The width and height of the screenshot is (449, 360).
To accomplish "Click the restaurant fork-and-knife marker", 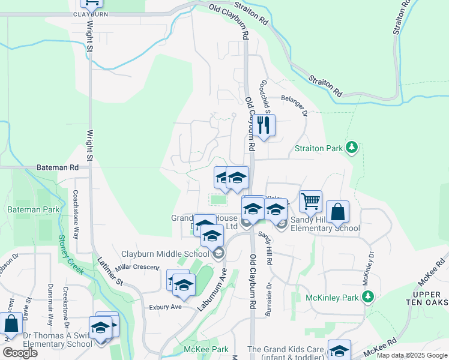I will pos(262,126).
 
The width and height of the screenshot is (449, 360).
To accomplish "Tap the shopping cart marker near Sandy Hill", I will pos(310,202).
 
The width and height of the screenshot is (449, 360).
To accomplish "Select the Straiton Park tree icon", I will pos(352,148).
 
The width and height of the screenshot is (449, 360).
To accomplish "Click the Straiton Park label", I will pos(318,148).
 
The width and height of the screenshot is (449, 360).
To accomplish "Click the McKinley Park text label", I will pos(332,298).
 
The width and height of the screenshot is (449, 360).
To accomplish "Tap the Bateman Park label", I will pos(33,209).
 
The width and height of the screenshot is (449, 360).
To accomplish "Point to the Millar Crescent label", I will pos(140,268).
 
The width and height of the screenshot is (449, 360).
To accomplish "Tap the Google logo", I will pos(19,353).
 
